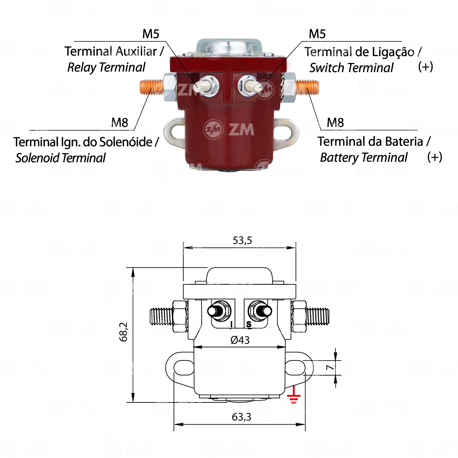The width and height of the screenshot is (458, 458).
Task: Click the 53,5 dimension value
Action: tap(242, 241)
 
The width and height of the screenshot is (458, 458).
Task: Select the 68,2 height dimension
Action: tap(124, 332)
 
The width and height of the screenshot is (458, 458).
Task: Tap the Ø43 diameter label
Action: tap(240, 340)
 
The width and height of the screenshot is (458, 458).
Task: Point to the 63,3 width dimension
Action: tap(241, 417)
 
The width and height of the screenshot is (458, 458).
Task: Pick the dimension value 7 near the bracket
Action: tap(330, 368)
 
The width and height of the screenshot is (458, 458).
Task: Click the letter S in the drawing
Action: tap(249, 324)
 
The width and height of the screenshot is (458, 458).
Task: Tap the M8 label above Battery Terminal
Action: tap(335, 122)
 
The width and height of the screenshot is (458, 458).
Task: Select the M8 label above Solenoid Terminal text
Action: tap(120, 122)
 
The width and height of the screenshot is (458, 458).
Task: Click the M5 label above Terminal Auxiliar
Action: tap(151, 34)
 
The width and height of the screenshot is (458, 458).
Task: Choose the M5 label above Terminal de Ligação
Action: tap(317, 34)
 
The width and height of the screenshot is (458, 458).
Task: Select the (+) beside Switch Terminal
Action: tap(425, 67)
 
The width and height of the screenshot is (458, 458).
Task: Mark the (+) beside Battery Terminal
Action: tap(435, 157)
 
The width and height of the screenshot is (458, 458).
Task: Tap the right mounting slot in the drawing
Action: tap(295, 368)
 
